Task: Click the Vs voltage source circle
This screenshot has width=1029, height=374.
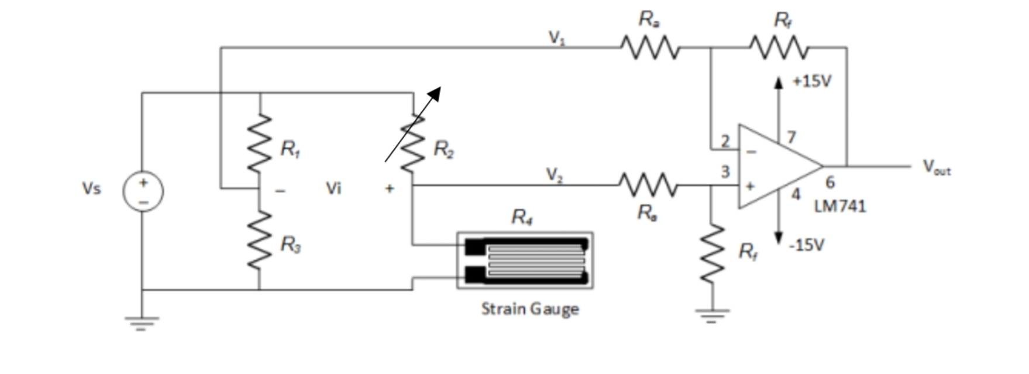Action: tap(143, 191)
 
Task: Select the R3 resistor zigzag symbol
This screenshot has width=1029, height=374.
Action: tap(259, 241)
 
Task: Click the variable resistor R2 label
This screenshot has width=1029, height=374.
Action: tap(444, 150)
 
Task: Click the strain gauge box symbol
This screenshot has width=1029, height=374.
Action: tap(525, 260)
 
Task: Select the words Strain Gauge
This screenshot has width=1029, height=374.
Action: tap(530, 308)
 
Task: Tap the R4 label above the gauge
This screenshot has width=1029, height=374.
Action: tap(522, 217)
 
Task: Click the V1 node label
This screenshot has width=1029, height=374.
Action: tap(556, 37)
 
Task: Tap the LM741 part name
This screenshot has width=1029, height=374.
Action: tap(840, 206)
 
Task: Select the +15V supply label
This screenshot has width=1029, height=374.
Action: tap(811, 81)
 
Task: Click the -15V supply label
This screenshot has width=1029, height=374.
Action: tap(807, 245)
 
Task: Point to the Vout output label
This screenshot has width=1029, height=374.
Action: tap(937, 167)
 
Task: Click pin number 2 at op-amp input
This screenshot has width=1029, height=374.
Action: tap(725, 141)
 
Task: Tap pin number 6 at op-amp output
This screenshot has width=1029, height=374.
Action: tap(830, 183)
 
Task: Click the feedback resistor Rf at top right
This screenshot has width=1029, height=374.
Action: tap(779, 47)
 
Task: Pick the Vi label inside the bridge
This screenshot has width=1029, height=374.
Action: tap(333, 188)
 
